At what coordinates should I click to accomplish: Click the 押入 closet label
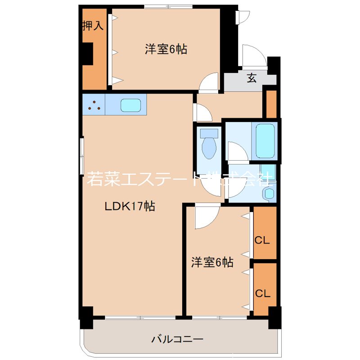pos(93,26)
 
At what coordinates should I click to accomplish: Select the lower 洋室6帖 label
pos(212,262)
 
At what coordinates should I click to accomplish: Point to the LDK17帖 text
pos(130,207)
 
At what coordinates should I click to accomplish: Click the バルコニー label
pos(178,339)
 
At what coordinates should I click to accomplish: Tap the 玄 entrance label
pos(252,78)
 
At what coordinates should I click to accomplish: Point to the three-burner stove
pos(94,105)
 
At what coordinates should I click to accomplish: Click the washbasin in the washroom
pos(269,193)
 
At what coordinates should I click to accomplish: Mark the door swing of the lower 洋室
pos(205,217)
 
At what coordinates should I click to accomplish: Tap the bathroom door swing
pos(237,152)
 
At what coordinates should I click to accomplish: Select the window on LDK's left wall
pos(81,156)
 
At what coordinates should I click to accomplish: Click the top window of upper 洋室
pos(169,6)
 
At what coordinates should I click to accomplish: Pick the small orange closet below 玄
pos(271,103)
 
